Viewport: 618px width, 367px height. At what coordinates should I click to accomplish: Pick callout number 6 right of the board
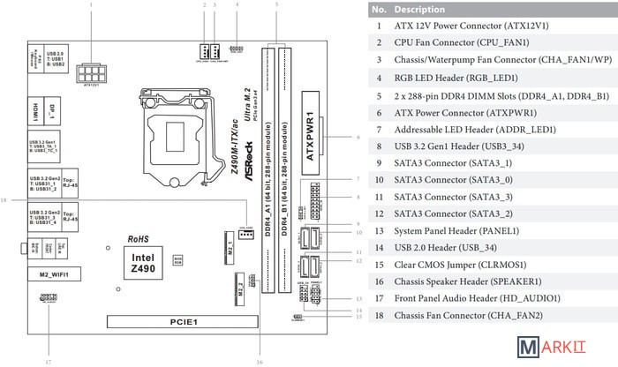(x=358, y=138)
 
